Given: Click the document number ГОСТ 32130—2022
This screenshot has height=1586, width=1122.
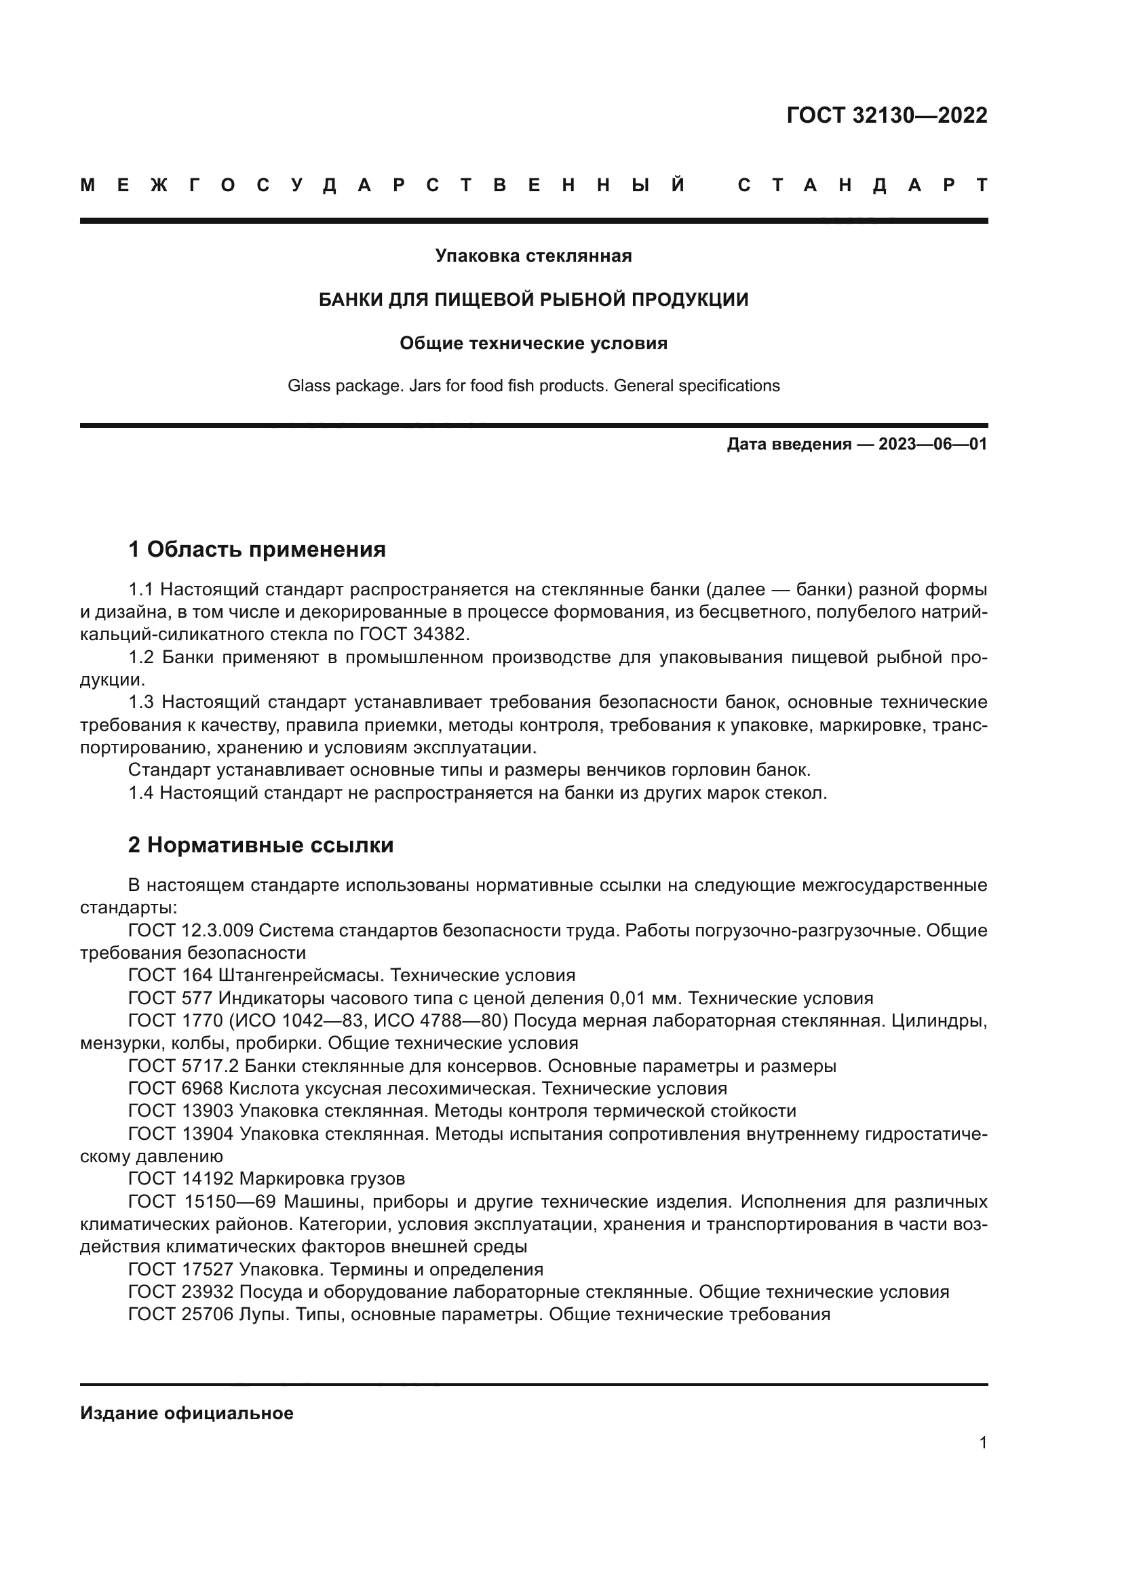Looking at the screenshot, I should click(887, 115).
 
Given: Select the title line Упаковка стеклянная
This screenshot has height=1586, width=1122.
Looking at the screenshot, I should click(533, 256).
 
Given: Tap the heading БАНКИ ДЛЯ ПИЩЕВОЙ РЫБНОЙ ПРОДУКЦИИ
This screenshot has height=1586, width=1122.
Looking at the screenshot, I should click(533, 300).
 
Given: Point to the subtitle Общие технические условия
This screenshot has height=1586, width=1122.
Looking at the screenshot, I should click(533, 343).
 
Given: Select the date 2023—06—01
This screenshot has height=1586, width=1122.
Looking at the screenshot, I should click(933, 444).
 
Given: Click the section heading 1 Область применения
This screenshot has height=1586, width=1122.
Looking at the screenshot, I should click(256, 550).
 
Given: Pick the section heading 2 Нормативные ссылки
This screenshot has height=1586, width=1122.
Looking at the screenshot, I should click(260, 846).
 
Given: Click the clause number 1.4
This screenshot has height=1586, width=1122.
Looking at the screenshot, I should click(142, 793).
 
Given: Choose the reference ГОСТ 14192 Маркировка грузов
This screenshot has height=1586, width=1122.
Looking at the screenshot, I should click(267, 1178).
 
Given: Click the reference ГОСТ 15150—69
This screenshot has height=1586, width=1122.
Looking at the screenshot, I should click(201, 1202).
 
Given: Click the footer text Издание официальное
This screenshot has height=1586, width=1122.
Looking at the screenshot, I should click(187, 1413).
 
